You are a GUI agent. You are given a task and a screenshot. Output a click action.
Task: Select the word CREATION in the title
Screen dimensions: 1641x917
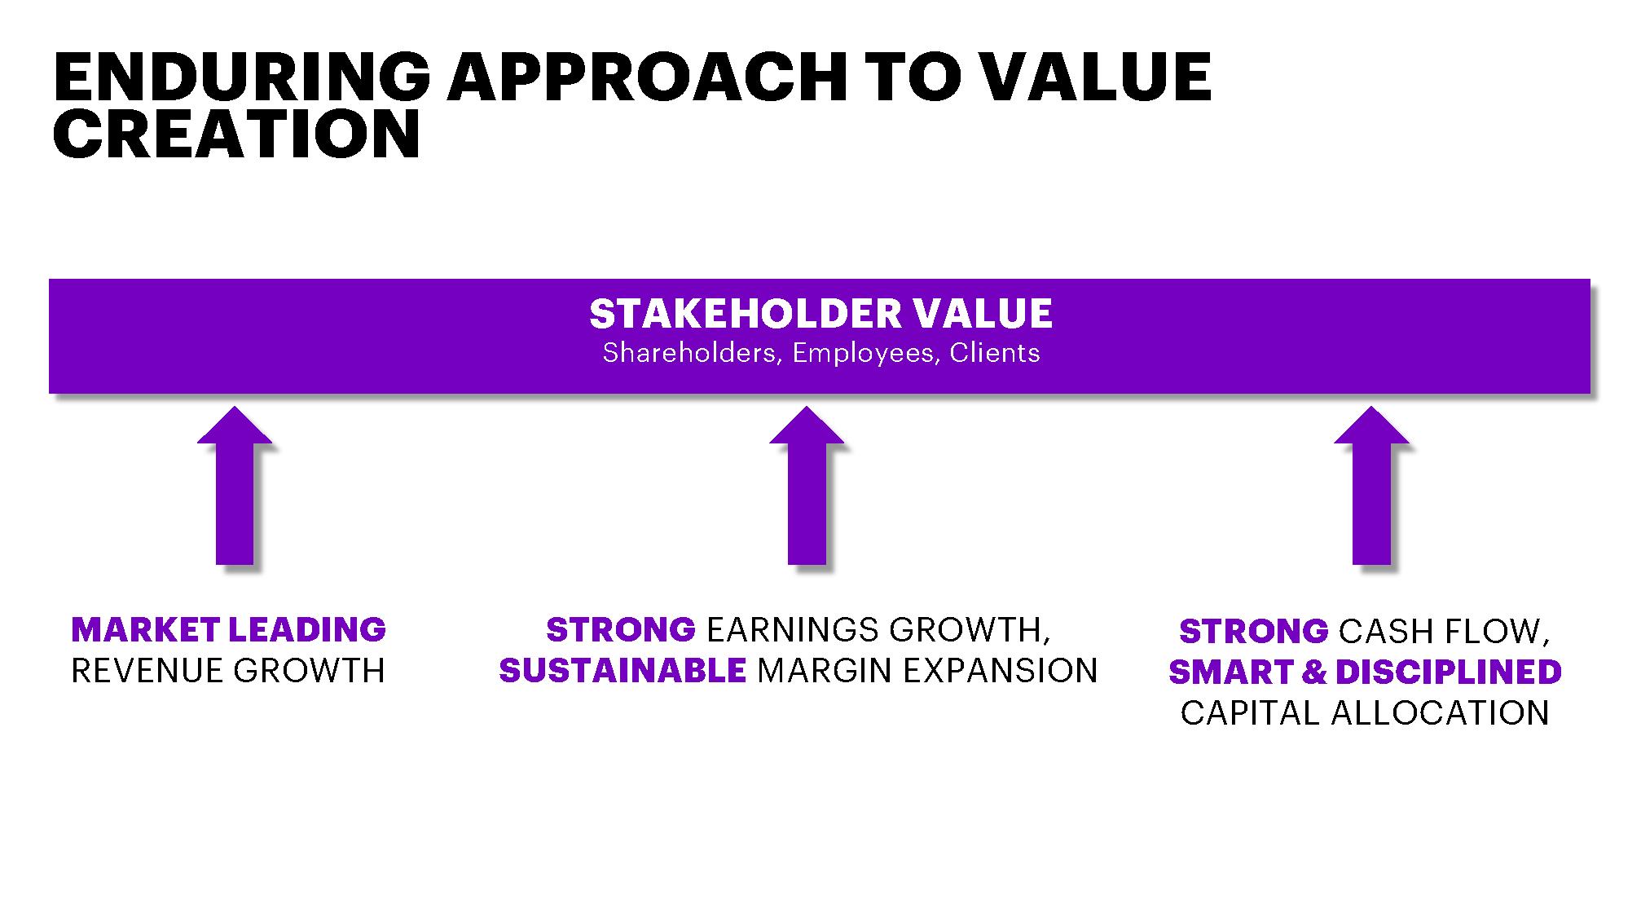[237, 134]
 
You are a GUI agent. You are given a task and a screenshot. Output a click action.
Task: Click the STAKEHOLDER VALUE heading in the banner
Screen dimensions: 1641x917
[820, 314]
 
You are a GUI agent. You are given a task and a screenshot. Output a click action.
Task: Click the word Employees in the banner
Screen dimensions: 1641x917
[864, 353]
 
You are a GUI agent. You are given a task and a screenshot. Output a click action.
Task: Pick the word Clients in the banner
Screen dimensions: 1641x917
[995, 353]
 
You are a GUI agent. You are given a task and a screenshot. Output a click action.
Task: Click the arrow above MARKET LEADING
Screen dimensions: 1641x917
[235, 485]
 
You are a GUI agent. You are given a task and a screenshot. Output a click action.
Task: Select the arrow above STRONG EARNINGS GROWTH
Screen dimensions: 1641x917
[807, 485]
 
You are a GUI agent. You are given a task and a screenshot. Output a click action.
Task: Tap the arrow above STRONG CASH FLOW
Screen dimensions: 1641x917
[1371, 485]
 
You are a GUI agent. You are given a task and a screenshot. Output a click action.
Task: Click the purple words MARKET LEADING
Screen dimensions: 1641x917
[229, 629]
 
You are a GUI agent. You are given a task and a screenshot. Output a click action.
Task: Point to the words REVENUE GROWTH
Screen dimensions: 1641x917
[228, 671]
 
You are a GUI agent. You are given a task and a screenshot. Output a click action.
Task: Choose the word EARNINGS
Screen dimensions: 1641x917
[793, 629]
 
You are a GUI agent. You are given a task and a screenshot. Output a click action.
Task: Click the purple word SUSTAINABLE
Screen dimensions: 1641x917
[623, 671]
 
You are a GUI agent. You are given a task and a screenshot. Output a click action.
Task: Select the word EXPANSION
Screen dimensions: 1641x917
[1001, 671]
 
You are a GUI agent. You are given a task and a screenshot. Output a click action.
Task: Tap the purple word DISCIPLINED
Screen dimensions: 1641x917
[1448, 672]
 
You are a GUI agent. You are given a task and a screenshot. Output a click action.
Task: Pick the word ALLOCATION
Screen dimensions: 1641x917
[1440, 713]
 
